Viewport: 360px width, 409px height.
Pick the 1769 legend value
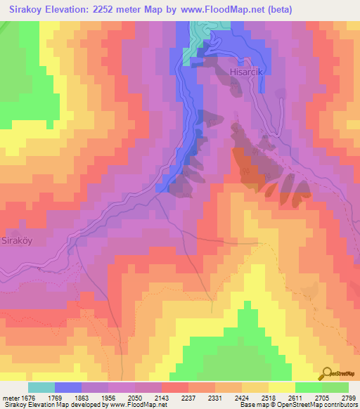(68, 398)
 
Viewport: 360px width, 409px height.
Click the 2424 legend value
(255, 398)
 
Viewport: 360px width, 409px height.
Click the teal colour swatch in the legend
(41, 387)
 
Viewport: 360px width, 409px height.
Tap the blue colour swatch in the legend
(68, 387)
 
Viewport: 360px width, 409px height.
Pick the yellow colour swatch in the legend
(282, 387)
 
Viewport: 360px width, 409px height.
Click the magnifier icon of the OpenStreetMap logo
(326, 373)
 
